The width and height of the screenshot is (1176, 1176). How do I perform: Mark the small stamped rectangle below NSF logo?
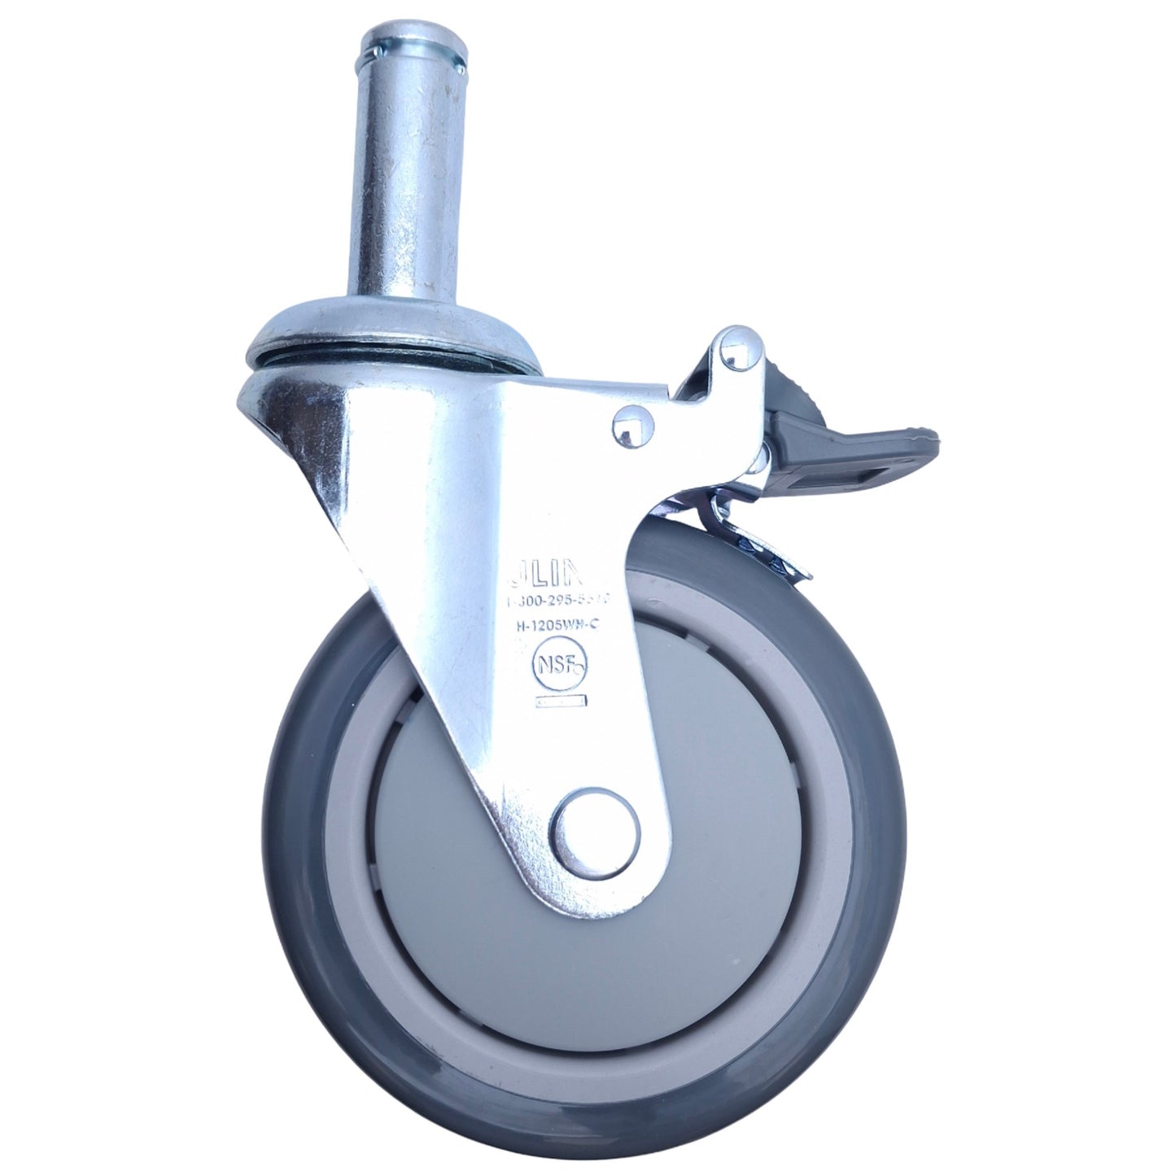pyautogui.click(x=559, y=701)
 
